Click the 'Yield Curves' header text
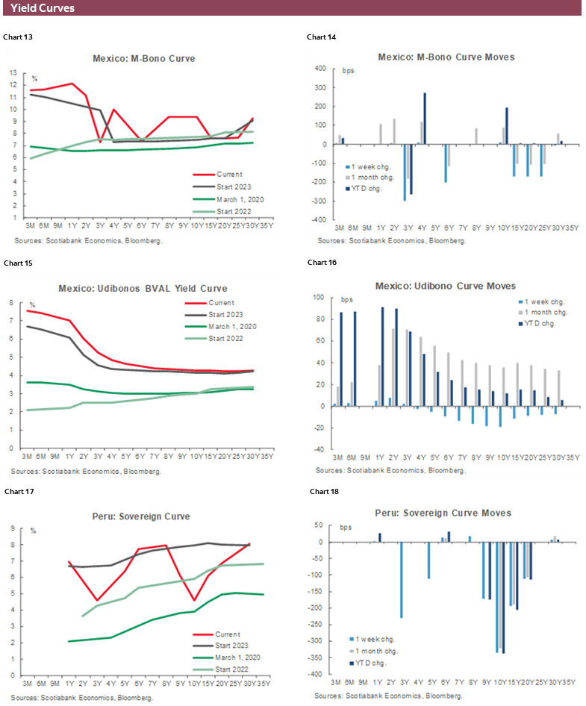[43, 8]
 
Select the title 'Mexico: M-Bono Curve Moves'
[446, 57]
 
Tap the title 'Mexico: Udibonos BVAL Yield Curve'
[143, 288]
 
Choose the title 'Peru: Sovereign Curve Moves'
[443, 513]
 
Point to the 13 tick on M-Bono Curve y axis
[13, 73]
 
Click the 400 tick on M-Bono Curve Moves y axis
[321, 68]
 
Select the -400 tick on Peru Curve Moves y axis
[320, 674]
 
